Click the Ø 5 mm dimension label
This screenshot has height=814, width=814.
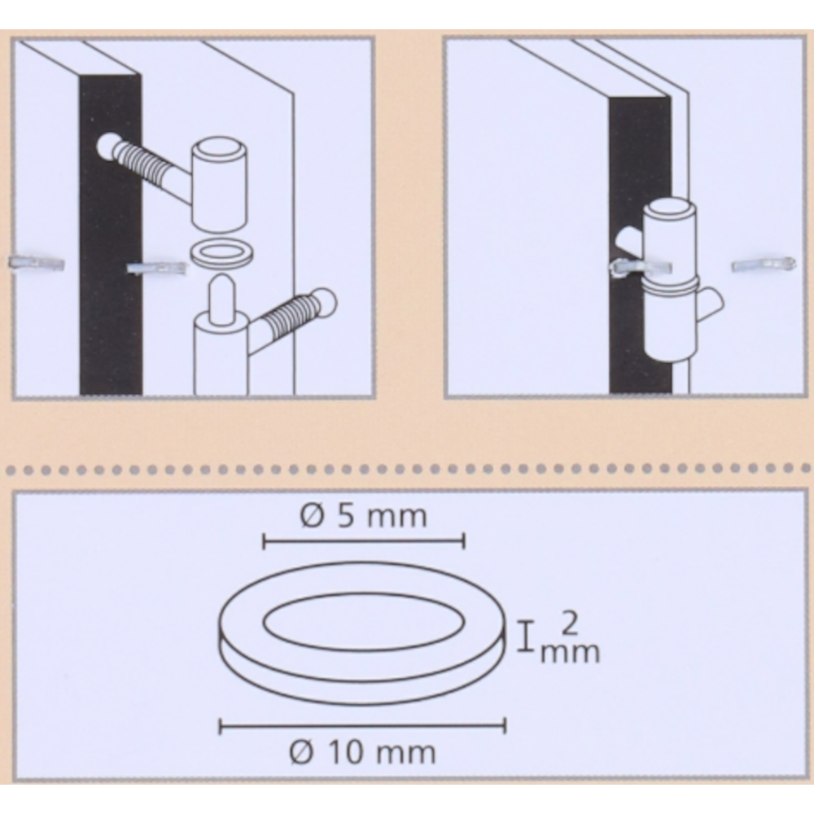tap(364, 517)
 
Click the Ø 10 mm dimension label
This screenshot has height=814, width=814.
tap(362, 753)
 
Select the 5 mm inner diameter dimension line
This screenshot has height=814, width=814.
tap(364, 542)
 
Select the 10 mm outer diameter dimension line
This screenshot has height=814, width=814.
tap(362, 726)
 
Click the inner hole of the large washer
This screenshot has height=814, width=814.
tap(365, 622)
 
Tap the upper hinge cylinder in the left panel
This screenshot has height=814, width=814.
tap(218, 184)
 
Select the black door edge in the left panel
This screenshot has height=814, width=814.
tap(111, 234)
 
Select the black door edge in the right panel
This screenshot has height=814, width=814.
tap(641, 245)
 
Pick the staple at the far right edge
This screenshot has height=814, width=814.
tap(764, 265)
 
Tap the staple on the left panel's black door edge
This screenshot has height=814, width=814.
tap(156, 268)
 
